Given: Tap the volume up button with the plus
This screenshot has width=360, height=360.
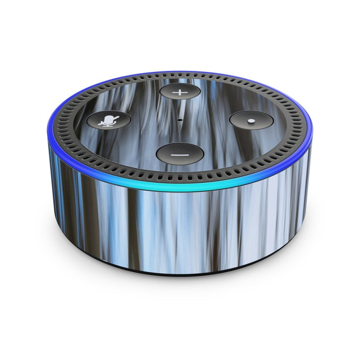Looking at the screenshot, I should (x=180, y=92).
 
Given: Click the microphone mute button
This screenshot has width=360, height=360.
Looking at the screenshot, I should (x=108, y=120).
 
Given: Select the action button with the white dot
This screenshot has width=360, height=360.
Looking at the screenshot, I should (x=251, y=121).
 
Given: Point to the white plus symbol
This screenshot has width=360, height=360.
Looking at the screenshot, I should (x=180, y=92).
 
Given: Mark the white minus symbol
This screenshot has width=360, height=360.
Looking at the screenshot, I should (x=180, y=153).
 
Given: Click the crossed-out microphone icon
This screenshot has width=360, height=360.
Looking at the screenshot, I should (x=108, y=121).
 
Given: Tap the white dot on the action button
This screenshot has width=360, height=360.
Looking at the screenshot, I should (x=251, y=121).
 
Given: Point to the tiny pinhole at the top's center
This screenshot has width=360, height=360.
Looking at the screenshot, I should (x=180, y=120).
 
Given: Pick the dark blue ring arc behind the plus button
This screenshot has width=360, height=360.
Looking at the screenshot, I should (x=180, y=72).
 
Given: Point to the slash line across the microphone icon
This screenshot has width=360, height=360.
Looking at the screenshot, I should (x=109, y=121).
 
